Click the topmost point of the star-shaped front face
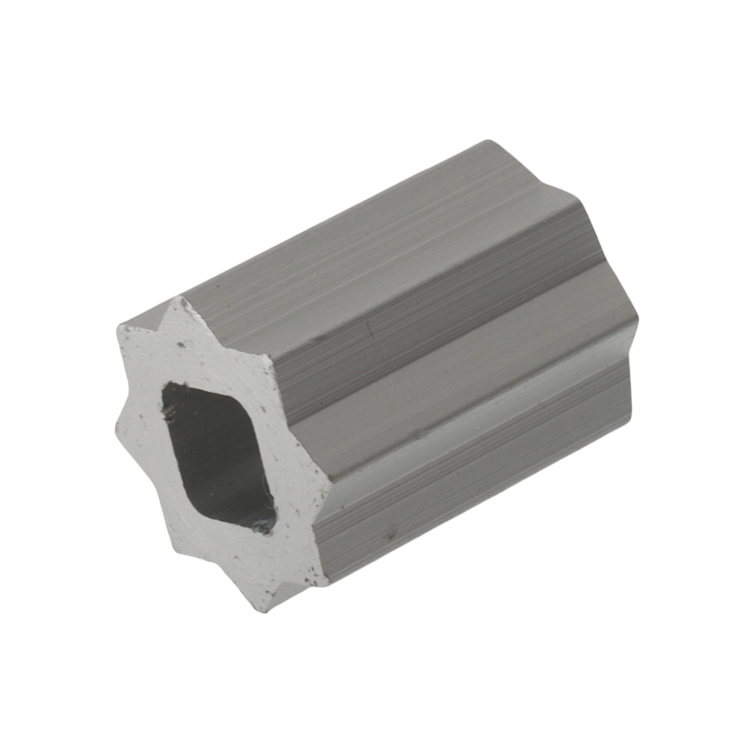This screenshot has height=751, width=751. tap(179, 298)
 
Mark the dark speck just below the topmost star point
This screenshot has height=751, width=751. tap(181, 345)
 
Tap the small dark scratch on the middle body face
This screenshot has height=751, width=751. tap(368, 327)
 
